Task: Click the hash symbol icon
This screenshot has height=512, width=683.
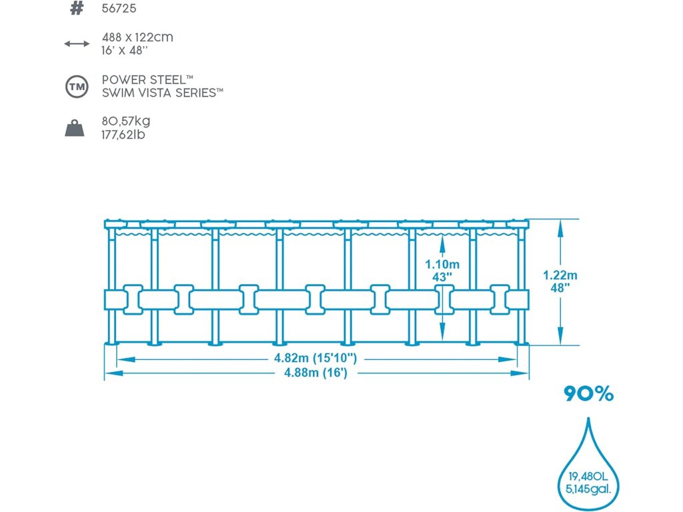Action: click(77, 9)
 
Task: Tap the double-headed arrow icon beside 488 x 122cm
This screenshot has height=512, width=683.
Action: click(77, 44)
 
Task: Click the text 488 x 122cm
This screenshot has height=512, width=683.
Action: click(137, 37)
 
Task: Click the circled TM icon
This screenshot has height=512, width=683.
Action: click(76, 87)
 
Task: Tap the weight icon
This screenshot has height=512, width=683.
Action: click(76, 128)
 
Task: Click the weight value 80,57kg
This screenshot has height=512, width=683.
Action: click(126, 121)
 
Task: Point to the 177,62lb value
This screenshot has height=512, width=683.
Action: click(124, 135)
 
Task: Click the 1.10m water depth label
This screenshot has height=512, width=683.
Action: click(442, 264)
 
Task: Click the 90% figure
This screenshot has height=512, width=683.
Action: click(588, 394)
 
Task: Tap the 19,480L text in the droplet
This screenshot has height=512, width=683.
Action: click(588, 477)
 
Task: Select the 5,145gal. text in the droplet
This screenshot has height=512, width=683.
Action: click(588, 490)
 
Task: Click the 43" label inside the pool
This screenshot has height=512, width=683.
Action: click(442, 277)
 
